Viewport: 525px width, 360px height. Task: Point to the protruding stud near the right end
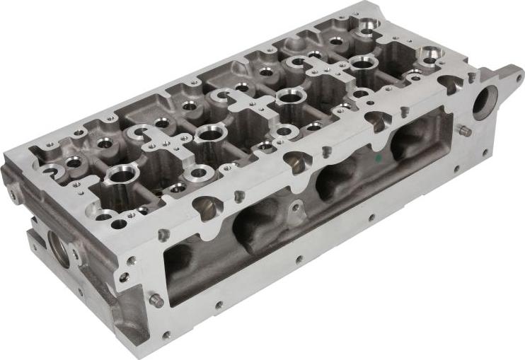tap(465, 131)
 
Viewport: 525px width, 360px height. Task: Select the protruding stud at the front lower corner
tap(156, 301)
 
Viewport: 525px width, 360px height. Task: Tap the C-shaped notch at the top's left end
tap(52, 170)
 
